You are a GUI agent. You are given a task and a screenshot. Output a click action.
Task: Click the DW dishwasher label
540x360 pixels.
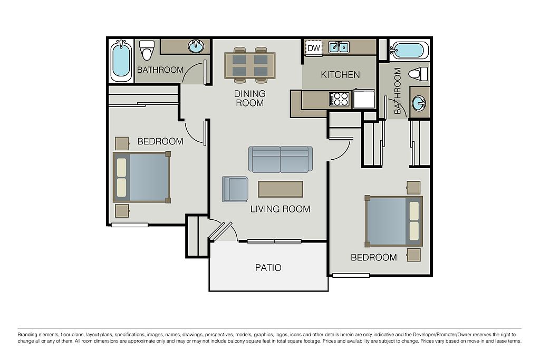(x=313, y=48)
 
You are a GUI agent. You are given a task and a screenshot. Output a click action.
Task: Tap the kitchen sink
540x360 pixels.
(x=339, y=47)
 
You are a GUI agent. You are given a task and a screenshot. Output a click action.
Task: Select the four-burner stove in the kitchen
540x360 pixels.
(x=339, y=99)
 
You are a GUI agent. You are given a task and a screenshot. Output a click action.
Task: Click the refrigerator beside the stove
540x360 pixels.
(x=364, y=99)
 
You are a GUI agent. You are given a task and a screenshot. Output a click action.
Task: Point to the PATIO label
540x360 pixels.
(x=268, y=267)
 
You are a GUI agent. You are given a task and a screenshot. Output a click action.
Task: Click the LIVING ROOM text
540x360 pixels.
(x=280, y=209)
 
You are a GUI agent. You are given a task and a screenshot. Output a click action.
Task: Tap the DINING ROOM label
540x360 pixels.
(x=249, y=98)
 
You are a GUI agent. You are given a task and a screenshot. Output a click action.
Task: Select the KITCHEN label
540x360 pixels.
(x=340, y=75)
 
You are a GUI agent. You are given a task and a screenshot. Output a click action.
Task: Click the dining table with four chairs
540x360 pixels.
(x=250, y=65)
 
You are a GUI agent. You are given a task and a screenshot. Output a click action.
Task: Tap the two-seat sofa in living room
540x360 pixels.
(x=281, y=159)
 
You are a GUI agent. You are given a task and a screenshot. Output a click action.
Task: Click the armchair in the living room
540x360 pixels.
(x=235, y=189)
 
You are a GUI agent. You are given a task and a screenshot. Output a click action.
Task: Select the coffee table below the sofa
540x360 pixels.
(x=281, y=189)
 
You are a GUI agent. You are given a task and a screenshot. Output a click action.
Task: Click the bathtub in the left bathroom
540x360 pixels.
(x=121, y=61)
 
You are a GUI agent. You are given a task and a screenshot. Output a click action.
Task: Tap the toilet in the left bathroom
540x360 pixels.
(x=148, y=50)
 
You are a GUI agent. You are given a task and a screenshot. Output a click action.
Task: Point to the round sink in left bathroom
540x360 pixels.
(x=196, y=46)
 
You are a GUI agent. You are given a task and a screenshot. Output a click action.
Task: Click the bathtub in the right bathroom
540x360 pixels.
(x=409, y=50)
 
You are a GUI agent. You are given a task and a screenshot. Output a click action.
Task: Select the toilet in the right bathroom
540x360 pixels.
(x=418, y=74)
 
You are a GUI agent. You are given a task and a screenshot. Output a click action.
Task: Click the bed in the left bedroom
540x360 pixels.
(x=141, y=177)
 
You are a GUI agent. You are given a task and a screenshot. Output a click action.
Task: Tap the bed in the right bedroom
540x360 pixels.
(x=394, y=221)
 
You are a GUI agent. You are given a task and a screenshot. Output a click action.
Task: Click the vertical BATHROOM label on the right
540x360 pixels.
(x=398, y=91)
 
